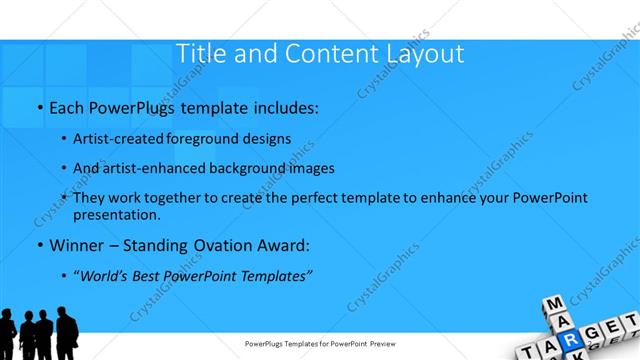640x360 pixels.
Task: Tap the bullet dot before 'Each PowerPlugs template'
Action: [38, 106]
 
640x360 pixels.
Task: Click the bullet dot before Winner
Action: [38, 245]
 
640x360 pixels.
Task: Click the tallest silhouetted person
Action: [66, 335]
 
